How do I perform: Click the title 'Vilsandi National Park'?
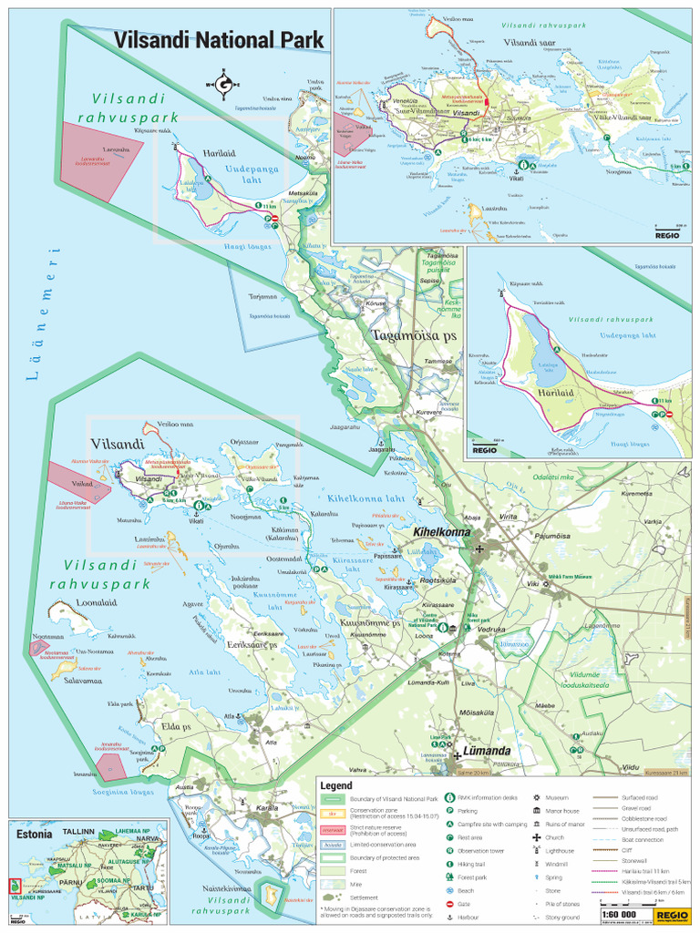coord(219,40)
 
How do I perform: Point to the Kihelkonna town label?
coord(441,531)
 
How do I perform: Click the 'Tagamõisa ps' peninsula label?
coord(413,336)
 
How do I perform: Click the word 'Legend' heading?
coord(335,784)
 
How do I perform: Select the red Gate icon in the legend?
coord(450,904)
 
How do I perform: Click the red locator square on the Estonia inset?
coord(13,885)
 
